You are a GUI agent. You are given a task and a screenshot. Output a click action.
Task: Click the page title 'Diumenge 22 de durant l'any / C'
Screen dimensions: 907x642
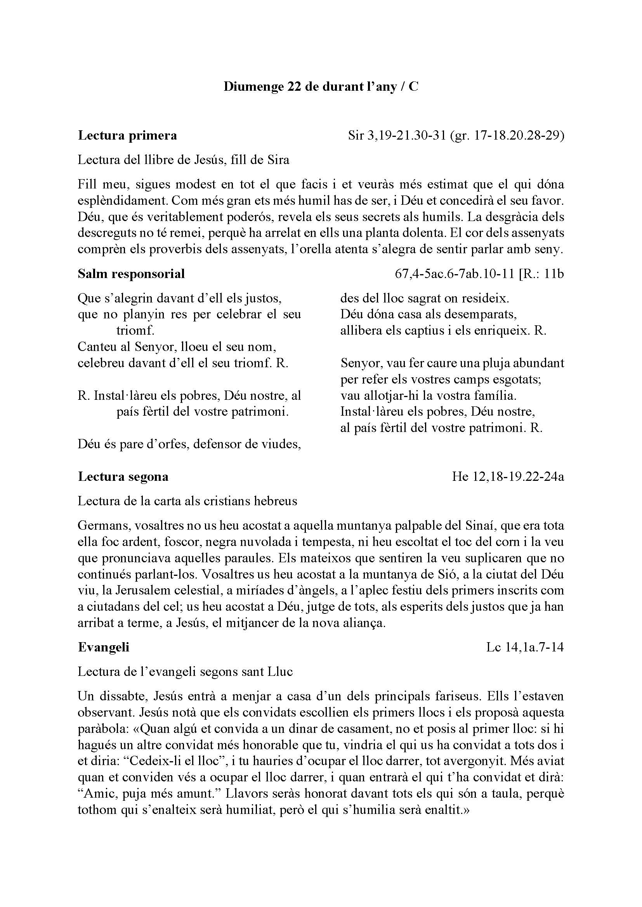coord(321,86)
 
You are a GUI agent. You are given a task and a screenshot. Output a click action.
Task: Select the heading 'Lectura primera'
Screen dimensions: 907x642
coord(127,135)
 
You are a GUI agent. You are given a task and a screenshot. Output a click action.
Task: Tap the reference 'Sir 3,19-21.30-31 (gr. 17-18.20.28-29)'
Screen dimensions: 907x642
coord(456,135)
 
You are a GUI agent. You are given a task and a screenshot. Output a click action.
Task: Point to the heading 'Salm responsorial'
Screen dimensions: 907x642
coord(131,274)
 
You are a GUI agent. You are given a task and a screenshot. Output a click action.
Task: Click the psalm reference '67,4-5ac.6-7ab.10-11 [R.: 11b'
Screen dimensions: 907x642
coord(479,274)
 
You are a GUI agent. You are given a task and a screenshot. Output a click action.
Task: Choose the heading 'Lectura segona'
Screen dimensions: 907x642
coord(123,477)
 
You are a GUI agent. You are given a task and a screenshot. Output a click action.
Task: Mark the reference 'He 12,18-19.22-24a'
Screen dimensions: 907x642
coord(508,477)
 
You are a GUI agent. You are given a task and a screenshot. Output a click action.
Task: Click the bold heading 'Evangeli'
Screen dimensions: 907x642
coord(104,647)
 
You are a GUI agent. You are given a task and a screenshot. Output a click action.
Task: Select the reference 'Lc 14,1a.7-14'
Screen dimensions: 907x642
coord(525,647)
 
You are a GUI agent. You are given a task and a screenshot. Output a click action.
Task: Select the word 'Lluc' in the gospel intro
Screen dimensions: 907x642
coord(280,672)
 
